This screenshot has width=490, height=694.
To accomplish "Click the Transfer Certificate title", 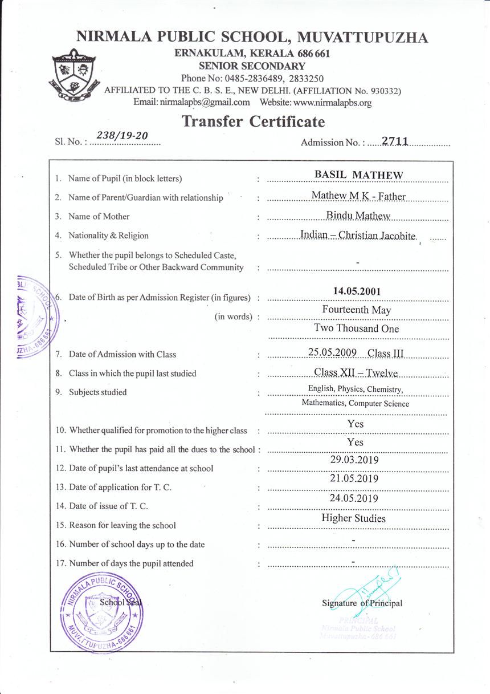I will click(x=253, y=121).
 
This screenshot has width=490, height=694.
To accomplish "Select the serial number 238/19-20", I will click(x=122, y=135).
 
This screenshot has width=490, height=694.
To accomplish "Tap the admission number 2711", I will click(x=395, y=141).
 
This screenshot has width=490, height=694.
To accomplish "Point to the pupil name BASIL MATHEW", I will click(x=358, y=175).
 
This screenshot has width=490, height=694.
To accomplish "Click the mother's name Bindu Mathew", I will click(x=358, y=215).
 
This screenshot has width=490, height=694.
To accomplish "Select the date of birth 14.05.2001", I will click(x=357, y=291).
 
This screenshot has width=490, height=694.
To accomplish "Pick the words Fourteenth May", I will click(x=357, y=310).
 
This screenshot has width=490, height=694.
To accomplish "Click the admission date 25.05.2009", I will click(x=332, y=352).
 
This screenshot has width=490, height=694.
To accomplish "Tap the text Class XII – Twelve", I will click(x=356, y=373).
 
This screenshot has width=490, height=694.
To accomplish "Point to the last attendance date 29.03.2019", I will click(x=354, y=460).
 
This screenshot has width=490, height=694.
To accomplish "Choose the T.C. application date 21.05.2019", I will click(x=354, y=479).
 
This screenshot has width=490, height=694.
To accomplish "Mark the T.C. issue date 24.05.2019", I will click(x=354, y=498).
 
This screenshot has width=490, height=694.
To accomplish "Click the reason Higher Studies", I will click(x=353, y=518).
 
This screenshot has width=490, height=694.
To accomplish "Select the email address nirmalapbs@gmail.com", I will click(x=191, y=103).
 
